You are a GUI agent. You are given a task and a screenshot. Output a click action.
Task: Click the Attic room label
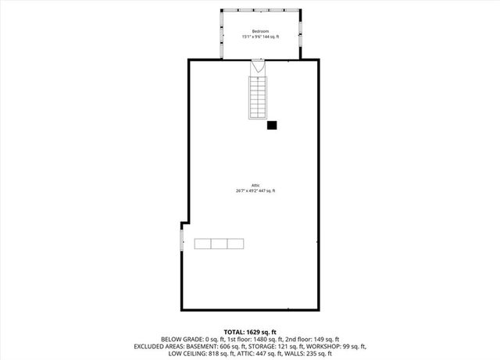click(255, 185)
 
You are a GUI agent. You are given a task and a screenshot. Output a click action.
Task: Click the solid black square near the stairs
click(272, 125)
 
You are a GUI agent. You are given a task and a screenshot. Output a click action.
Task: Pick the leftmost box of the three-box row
click(203, 244)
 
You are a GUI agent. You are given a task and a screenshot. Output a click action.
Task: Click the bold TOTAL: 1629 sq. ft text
click(250, 331)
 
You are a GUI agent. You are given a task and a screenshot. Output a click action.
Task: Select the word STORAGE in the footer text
click(265, 346)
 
